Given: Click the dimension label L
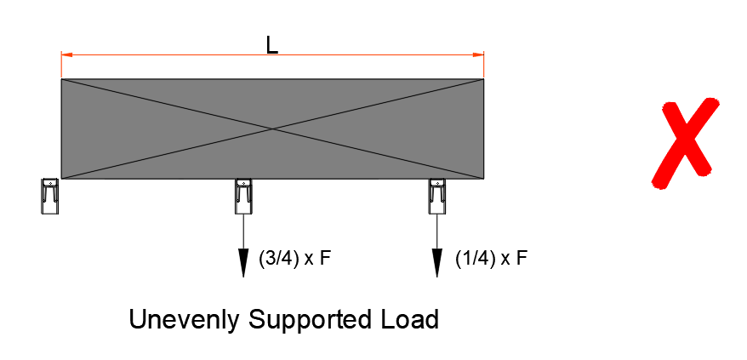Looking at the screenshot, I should click(x=271, y=45).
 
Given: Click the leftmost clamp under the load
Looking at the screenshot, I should click(x=50, y=196).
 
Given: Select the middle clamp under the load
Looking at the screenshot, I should click(x=243, y=196).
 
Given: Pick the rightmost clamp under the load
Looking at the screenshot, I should click(x=437, y=196).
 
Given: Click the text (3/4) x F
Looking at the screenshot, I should click(x=294, y=259).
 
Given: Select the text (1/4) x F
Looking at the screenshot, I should click(x=491, y=258).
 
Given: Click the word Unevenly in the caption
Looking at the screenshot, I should click(x=185, y=320).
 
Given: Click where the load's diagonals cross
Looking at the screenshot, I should click(x=272, y=129).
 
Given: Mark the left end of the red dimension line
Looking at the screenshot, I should click(x=62, y=55).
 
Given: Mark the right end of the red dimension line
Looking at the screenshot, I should click(x=483, y=55).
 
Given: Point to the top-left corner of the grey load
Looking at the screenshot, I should click(x=62, y=80).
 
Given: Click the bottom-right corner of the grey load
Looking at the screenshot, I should click(x=483, y=179).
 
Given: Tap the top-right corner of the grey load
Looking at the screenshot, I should click(x=483, y=80).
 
